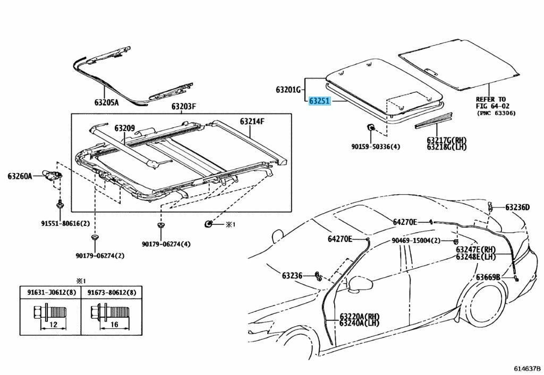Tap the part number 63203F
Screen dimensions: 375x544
tap(183, 107)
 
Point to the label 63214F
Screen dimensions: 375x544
tap(252, 121)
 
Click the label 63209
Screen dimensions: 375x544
tap(124, 128)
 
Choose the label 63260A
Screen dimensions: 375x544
tap(20, 176)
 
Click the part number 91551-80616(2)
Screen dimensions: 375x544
tap(58, 223)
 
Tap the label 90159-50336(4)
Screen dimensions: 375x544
tap(375, 146)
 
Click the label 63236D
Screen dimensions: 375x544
tap(517, 207)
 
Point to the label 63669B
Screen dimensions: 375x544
tap(487, 277)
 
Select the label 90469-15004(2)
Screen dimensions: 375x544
tap(416, 240)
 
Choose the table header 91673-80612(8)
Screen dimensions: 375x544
tap(112, 292)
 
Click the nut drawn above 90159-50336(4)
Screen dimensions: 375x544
tap(370, 128)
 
